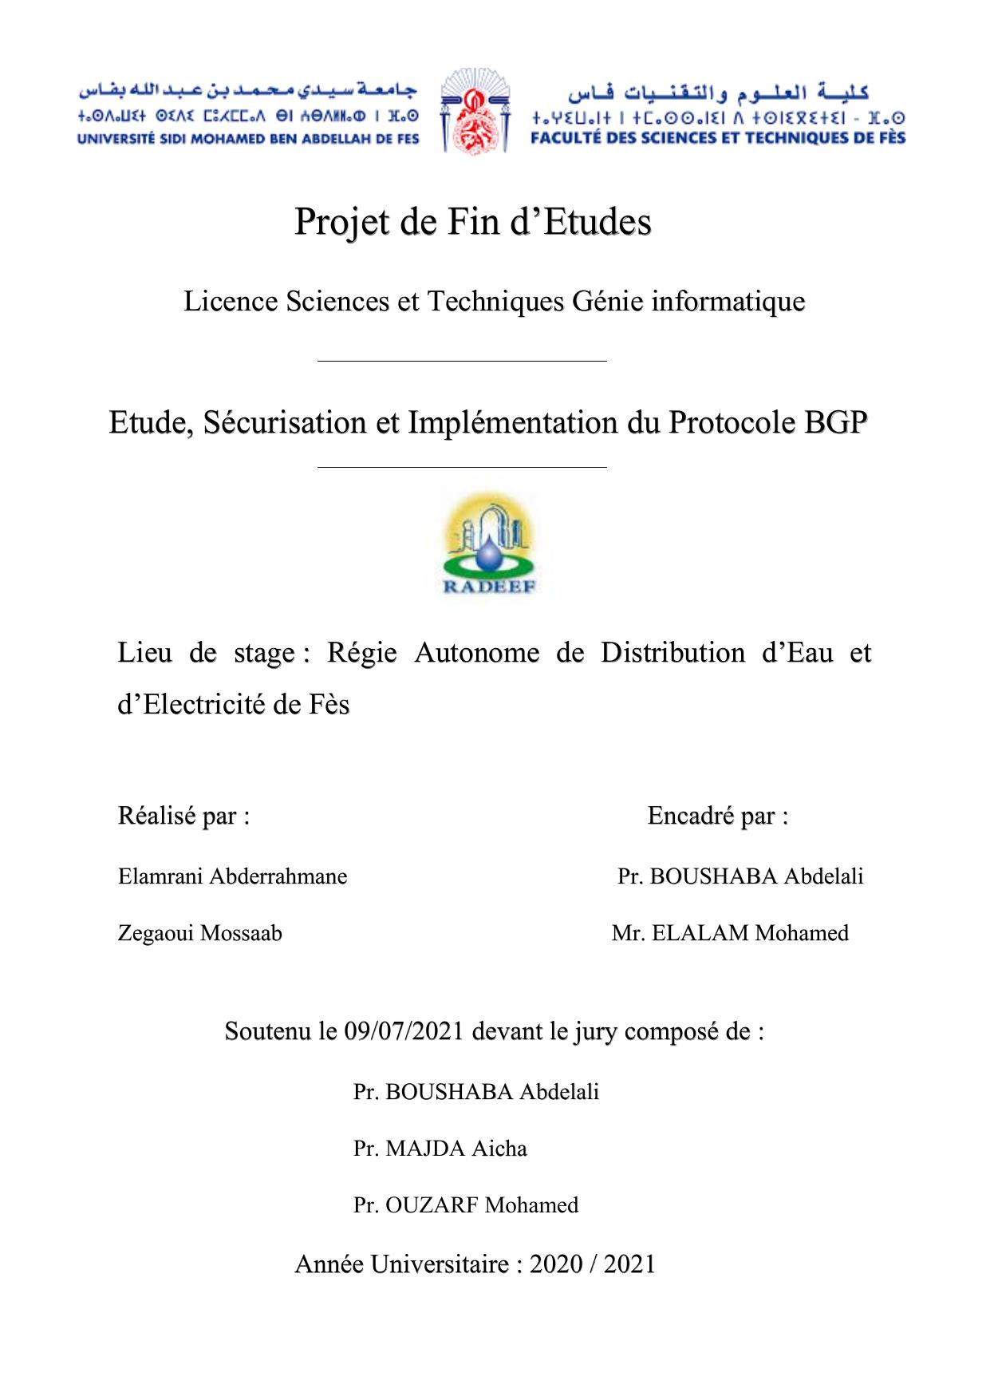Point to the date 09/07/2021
pos(404,1031)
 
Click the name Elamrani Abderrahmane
pos(232,876)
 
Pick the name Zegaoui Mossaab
pos(199,933)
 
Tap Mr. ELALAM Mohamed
pos(730,933)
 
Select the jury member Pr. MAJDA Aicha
pos(440,1149)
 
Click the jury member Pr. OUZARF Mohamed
pos(466,1205)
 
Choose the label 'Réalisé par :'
pos(183,817)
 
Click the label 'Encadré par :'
pos(718,817)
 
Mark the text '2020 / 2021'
pos(592,1264)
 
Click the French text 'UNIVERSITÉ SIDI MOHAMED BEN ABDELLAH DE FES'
pos(248,139)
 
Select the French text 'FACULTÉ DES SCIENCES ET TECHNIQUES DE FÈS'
pos(718,138)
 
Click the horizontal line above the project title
pos(462,362)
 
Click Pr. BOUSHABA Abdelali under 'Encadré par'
pos(740,876)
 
